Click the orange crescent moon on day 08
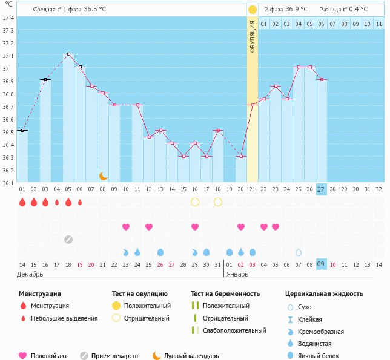point(104,175)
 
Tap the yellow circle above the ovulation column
point(253,10)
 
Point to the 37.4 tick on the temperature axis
point(8,18)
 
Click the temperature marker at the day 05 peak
point(68,54)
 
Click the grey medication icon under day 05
point(68,239)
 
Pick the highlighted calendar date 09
point(322,264)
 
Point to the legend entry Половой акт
point(51,356)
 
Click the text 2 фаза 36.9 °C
point(286,10)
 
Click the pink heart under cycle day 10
point(126,227)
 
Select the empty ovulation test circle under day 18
point(218,202)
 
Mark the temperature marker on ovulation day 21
point(253,105)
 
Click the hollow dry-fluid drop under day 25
point(299,252)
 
